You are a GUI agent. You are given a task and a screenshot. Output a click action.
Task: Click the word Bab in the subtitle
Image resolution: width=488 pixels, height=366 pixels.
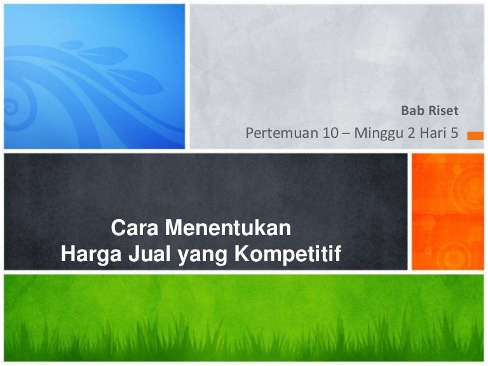[x=410, y=111]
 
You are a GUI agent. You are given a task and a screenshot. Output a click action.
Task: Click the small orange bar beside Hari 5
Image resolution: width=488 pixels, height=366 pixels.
[x=473, y=135]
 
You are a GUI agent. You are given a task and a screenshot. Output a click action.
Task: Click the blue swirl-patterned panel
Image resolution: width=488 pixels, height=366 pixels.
[x=95, y=76]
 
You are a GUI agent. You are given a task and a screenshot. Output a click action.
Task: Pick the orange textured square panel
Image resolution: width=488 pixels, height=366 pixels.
[x=447, y=212]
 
